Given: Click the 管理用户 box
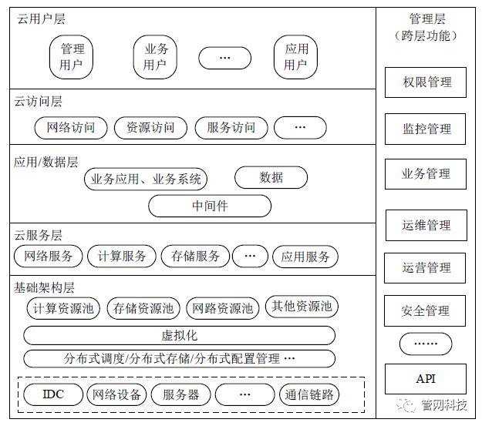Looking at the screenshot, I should coord(72,56).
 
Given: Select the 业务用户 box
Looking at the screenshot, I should coord(155,56).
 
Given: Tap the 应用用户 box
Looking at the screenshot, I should coord(296,56).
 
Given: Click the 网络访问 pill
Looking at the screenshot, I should coord(71,127).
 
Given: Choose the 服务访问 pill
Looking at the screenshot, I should coord(230,127).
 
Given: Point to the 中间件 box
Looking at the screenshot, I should coord(210,206).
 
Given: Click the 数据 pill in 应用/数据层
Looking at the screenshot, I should coord(271,177).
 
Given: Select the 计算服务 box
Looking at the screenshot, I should coord(122,257).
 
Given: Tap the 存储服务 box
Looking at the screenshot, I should coord(196,257).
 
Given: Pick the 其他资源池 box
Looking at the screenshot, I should coord(302,307).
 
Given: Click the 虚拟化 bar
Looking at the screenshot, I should coord(179,336).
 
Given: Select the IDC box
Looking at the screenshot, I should coord(53,395).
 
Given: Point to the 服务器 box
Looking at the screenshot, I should coord(180,395).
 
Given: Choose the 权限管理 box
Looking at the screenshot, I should coord(426,82).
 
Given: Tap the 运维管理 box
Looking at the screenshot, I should coord(426,226).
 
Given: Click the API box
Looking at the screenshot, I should coord(426,379).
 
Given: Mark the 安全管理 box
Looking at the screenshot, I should coord(426,311).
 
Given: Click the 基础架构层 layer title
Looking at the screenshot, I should coord(45,288).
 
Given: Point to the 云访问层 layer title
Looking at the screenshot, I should coord(39,102).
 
